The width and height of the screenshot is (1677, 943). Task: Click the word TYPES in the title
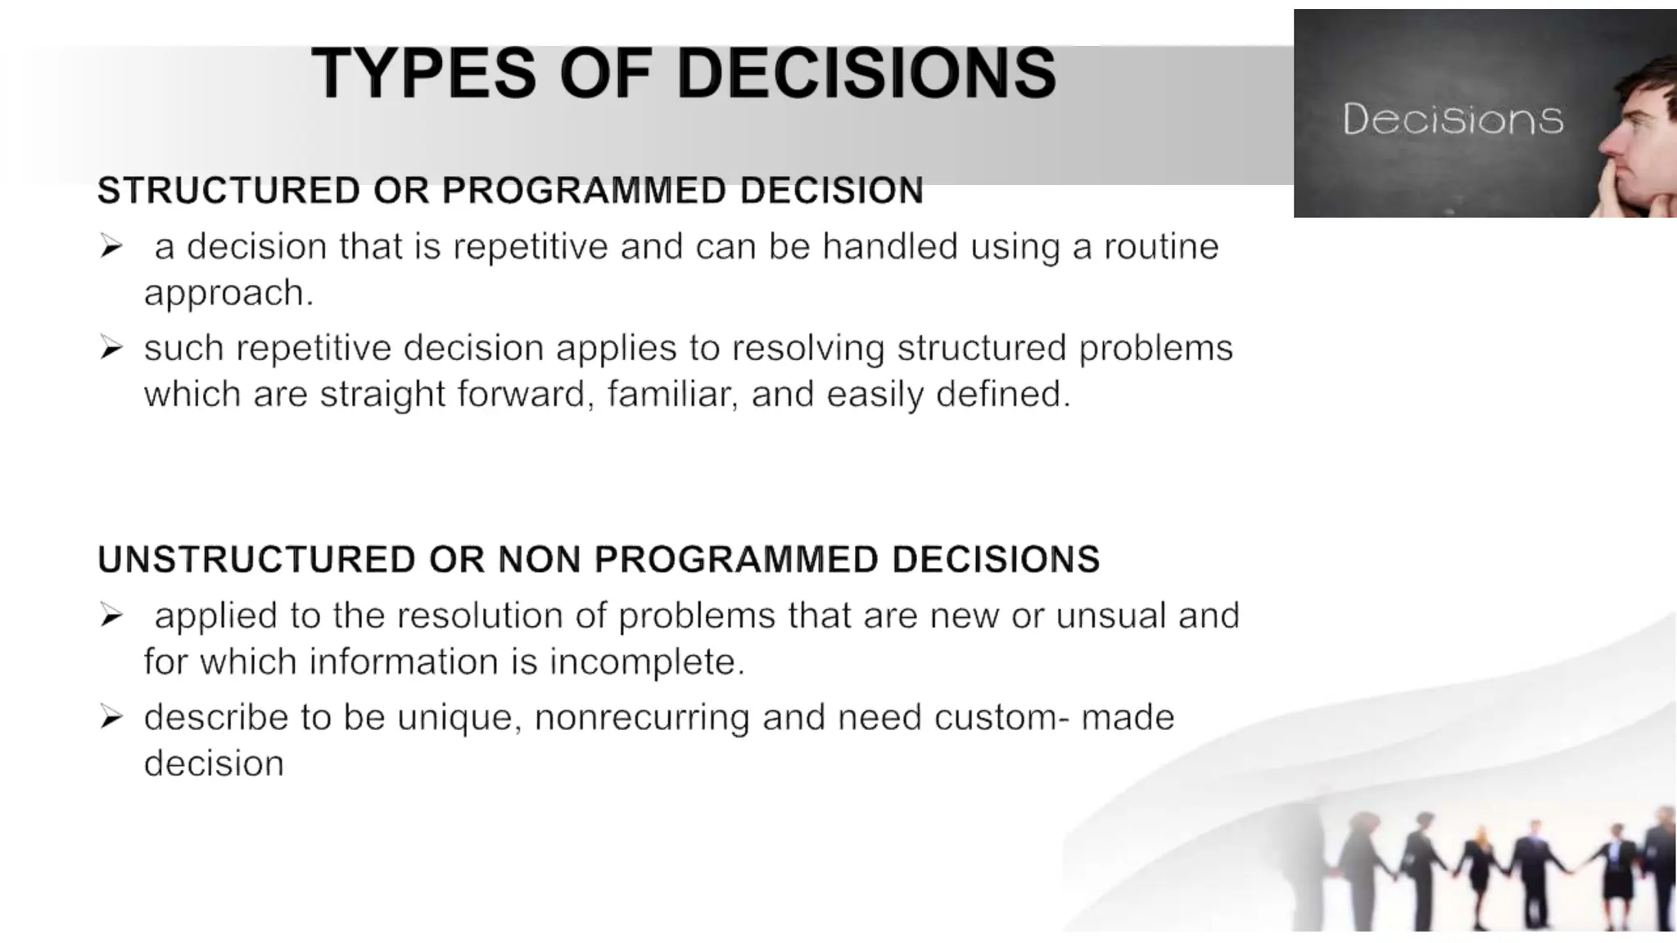click(x=423, y=74)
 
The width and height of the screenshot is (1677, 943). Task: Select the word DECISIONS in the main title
click(x=866, y=74)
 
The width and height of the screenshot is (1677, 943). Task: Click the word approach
click(x=228, y=293)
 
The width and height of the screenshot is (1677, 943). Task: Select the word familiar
click(x=671, y=395)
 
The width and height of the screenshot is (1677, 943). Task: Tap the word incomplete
click(x=647, y=661)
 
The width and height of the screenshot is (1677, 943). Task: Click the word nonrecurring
click(x=642, y=717)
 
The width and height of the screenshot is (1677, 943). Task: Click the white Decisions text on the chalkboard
click(x=1453, y=120)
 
